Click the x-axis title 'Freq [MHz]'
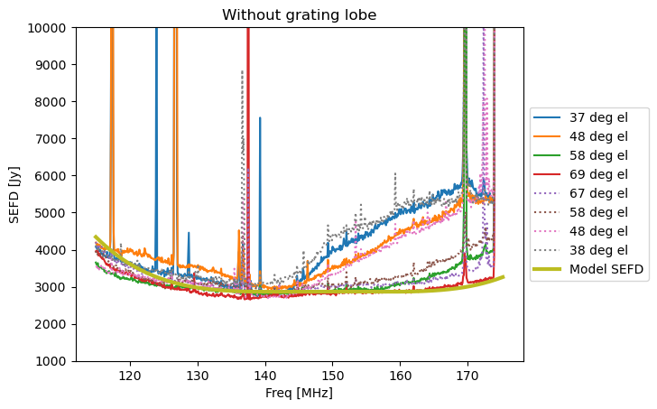tap(299, 394)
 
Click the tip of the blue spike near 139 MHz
tap(260, 118)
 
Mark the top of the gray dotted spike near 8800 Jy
tap(242, 71)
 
